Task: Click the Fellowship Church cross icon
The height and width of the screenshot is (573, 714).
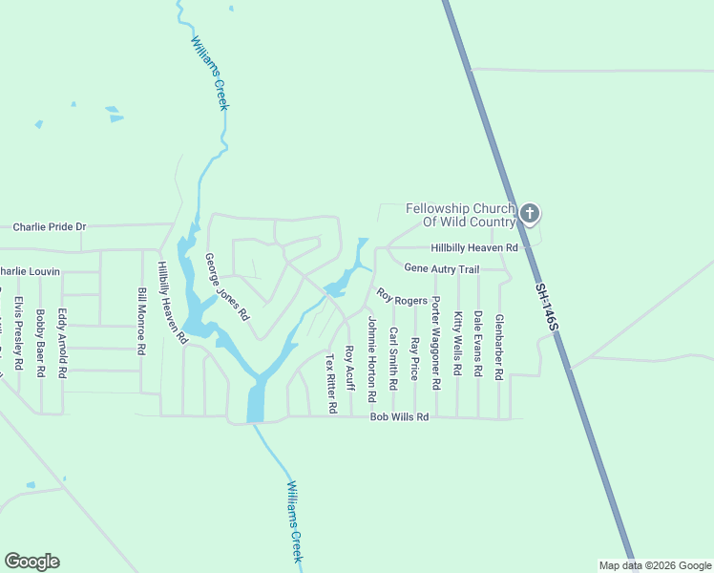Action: click(x=531, y=214)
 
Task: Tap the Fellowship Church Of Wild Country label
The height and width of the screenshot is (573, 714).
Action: click(x=460, y=215)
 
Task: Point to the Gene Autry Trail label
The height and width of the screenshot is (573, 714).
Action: click(x=441, y=269)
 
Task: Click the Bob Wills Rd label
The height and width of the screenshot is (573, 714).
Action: click(x=400, y=417)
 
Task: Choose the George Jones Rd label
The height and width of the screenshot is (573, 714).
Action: click(x=227, y=286)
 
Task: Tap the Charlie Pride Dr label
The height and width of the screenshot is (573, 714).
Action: click(x=50, y=227)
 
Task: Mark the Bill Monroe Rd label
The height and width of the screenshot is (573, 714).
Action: click(x=141, y=322)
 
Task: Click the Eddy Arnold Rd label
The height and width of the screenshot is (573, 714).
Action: click(x=62, y=344)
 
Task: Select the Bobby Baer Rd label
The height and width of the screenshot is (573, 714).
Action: click(x=40, y=344)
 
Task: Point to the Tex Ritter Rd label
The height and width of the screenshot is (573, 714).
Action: click(x=331, y=384)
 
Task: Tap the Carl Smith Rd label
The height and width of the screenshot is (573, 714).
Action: click(x=392, y=359)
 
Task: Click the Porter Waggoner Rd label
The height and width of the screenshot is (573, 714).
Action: click(x=435, y=343)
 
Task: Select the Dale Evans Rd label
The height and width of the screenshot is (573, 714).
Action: click(x=478, y=345)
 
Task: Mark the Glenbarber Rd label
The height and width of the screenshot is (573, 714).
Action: click(x=499, y=348)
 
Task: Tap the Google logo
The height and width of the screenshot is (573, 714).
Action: click(x=31, y=562)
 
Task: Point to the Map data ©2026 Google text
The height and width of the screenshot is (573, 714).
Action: click(x=655, y=565)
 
